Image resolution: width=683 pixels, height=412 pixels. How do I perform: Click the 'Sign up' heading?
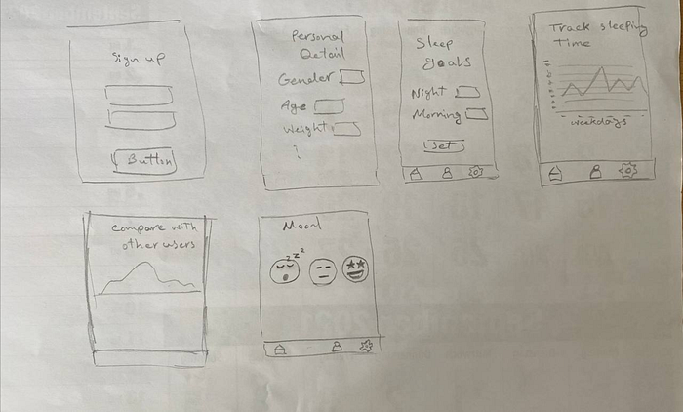click(139, 60)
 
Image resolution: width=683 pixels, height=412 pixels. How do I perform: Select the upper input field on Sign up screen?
click(140, 95)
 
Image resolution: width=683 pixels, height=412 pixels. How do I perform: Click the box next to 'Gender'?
click(352, 77)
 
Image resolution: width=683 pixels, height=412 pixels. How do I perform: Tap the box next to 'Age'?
click(329, 104)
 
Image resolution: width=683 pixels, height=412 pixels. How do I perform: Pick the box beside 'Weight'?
click(348, 128)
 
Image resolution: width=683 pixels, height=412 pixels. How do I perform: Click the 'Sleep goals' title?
click(441, 53)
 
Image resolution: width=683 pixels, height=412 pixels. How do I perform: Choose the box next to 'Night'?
click(468, 92)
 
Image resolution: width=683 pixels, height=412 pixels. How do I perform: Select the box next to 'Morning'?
click(476, 114)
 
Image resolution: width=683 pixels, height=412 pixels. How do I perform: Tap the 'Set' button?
click(443, 145)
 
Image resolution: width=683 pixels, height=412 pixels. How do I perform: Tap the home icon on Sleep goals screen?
click(416, 173)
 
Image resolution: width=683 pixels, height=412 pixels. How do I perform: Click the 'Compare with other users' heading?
click(152, 235)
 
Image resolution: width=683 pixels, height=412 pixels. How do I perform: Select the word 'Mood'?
click(296, 227)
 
